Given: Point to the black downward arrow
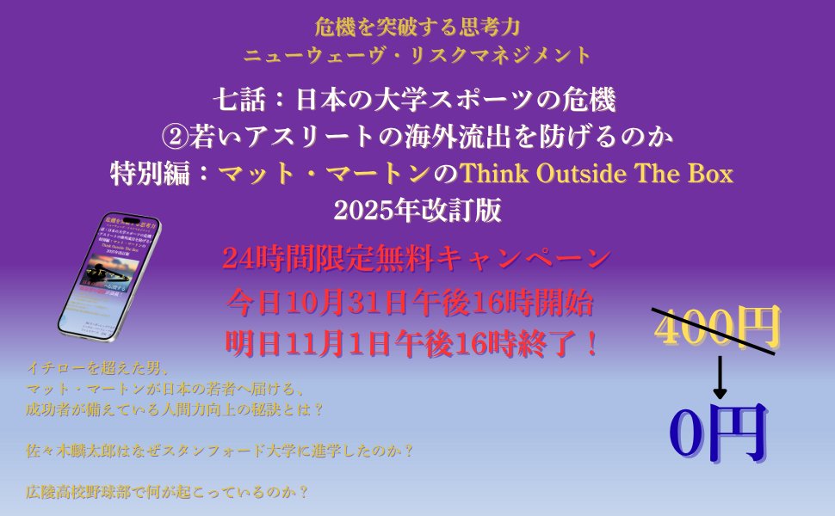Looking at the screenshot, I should point(720,375).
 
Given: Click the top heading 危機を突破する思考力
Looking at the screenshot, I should point(417,27).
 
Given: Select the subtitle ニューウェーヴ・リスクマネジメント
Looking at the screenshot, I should point(417,56).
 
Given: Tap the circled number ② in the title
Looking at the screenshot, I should point(175,137).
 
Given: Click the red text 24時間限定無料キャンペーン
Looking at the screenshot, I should point(417,258).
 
